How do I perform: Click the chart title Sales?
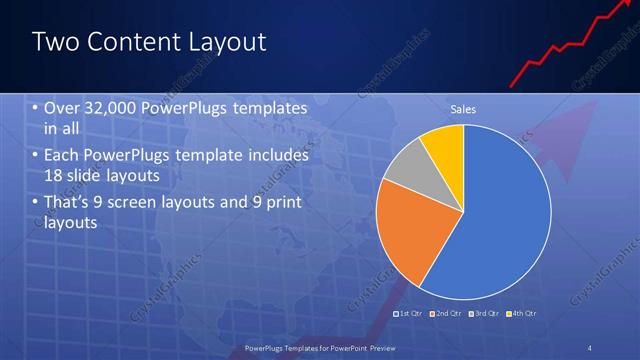click(x=463, y=108)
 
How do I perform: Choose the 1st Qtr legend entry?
click(x=408, y=313)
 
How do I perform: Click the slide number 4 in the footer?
click(x=589, y=348)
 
